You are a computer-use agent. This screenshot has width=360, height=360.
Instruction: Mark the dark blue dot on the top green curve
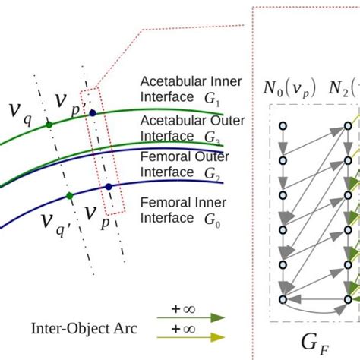(x=93, y=113)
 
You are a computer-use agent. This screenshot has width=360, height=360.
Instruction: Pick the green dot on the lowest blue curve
(x=69, y=195)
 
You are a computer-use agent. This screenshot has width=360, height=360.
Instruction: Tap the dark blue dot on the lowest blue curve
(x=109, y=186)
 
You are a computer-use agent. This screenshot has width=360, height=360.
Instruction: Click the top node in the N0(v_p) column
(x=283, y=125)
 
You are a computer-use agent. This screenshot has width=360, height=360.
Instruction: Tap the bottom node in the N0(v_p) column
(x=283, y=300)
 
